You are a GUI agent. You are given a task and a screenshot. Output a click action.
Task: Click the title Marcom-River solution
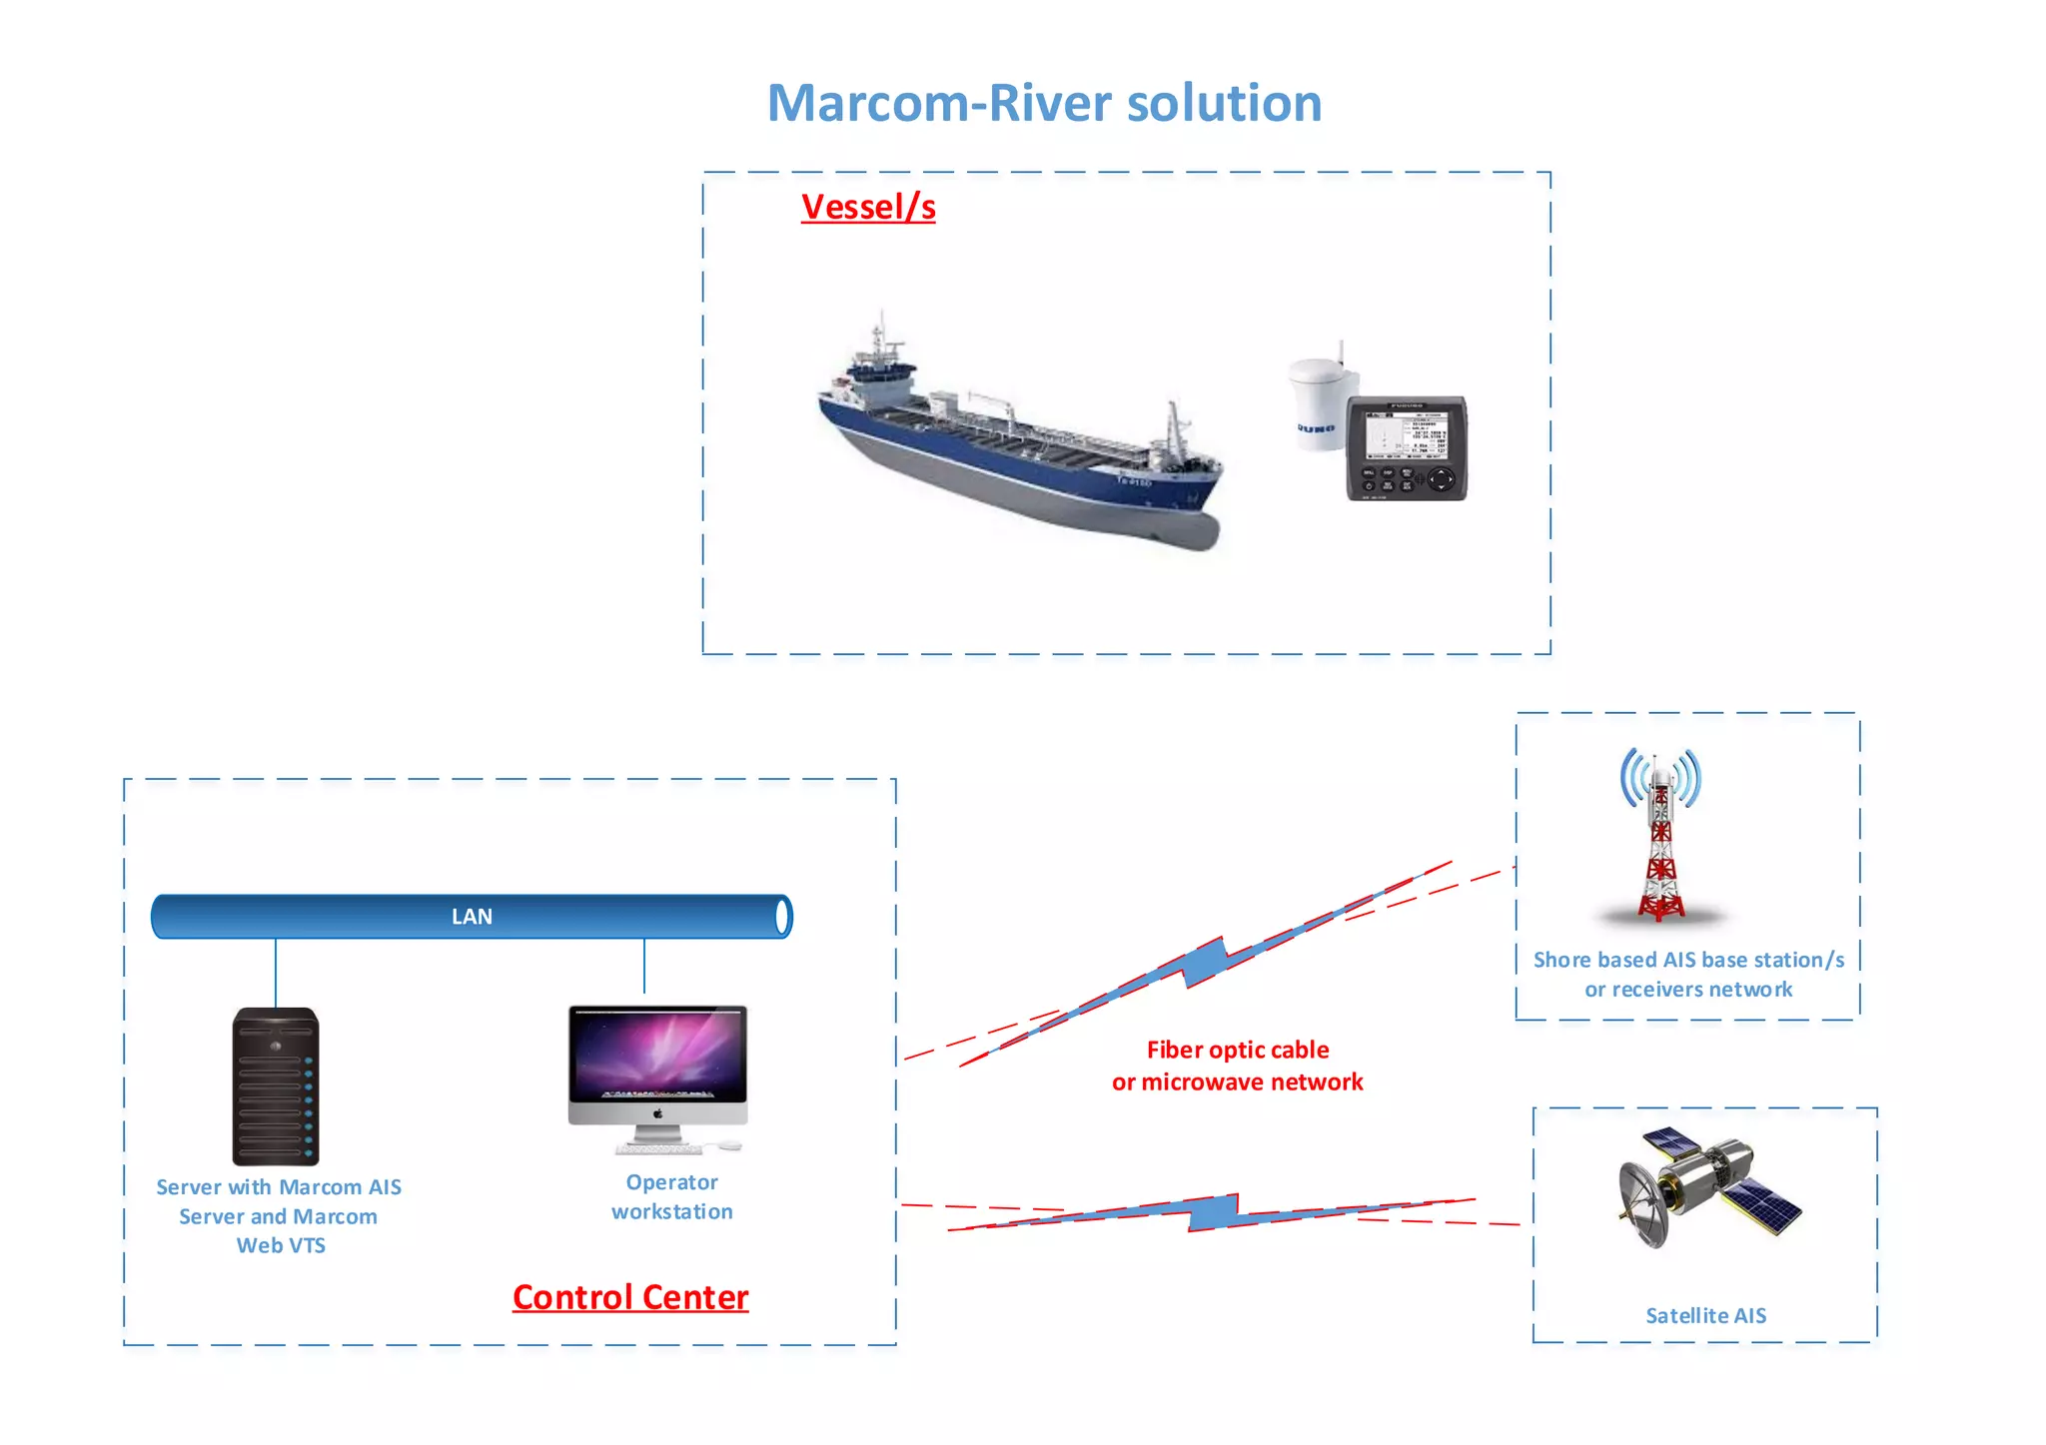click(1044, 103)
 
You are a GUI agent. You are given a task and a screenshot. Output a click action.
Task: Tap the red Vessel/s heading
click(868, 207)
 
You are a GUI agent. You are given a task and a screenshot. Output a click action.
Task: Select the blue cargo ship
click(1019, 439)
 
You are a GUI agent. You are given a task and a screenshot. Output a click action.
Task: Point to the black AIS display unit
click(1407, 448)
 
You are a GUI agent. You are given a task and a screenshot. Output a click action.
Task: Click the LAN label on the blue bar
click(472, 917)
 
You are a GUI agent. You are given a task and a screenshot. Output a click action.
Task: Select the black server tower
click(276, 1085)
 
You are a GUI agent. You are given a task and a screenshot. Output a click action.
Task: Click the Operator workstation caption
click(672, 1196)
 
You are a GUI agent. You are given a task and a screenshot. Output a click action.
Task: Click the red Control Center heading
click(630, 1297)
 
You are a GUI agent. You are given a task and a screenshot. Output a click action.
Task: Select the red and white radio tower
click(1660, 839)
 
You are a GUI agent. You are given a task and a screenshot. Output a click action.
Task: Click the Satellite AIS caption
click(1705, 1316)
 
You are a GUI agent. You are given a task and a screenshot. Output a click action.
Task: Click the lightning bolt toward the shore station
click(1207, 961)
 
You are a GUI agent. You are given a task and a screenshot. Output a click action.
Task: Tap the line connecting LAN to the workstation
click(644, 965)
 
